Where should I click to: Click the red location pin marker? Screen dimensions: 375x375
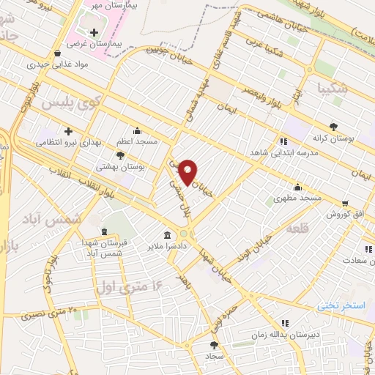[x=188, y=171]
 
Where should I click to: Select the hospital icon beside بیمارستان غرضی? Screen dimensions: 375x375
[x=93, y=32]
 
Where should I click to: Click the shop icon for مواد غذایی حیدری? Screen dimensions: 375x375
[x=58, y=53]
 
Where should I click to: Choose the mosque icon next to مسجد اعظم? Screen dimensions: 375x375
[x=136, y=131]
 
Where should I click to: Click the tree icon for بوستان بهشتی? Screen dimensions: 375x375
[x=130, y=155]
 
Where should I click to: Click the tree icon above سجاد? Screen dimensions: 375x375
[x=214, y=344]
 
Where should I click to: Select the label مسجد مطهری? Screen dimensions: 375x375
[x=298, y=198]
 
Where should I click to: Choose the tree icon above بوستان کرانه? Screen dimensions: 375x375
[x=334, y=126]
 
